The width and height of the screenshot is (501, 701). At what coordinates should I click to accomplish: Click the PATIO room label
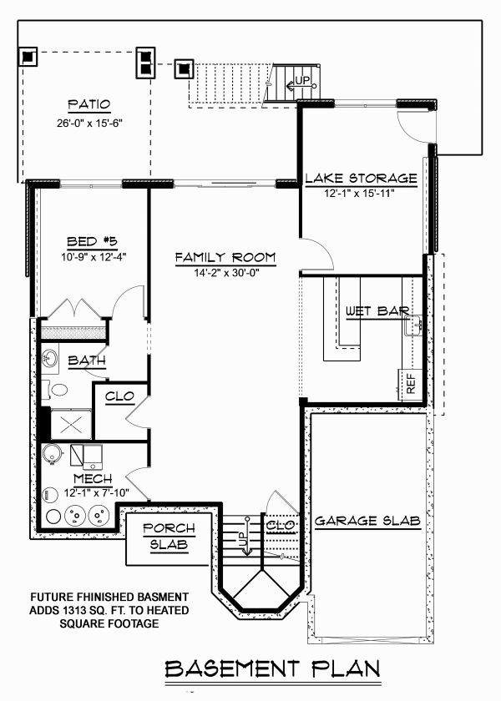[x=89, y=105]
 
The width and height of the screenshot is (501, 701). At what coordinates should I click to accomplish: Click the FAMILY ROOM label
[x=225, y=257]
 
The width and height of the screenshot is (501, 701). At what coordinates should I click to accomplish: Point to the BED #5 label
[x=90, y=242]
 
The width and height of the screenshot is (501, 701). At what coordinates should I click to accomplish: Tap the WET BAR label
[x=377, y=312]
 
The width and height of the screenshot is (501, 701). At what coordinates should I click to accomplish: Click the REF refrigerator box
[x=411, y=385]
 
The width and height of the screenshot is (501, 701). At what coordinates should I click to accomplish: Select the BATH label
[x=87, y=361]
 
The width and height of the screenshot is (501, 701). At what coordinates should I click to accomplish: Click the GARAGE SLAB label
[x=367, y=521]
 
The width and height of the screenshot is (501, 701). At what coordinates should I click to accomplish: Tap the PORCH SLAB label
[x=168, y=537]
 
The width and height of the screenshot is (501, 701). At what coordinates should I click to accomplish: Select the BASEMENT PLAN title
[x=272, y=668]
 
